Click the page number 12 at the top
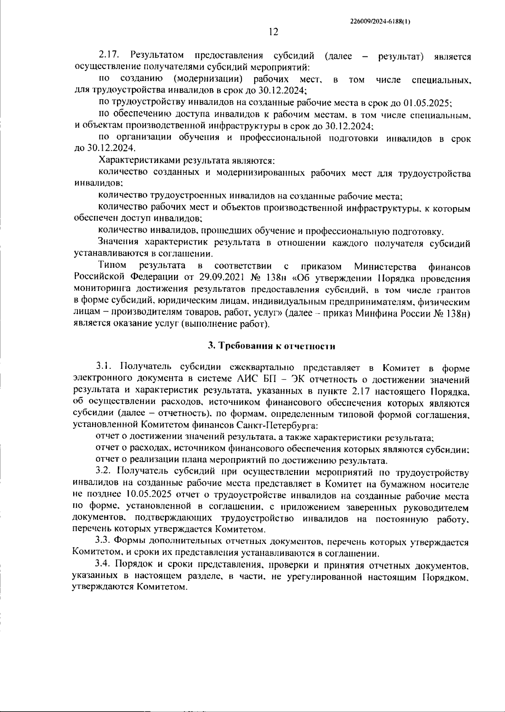(273, 32)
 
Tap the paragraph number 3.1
(104, 368)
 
